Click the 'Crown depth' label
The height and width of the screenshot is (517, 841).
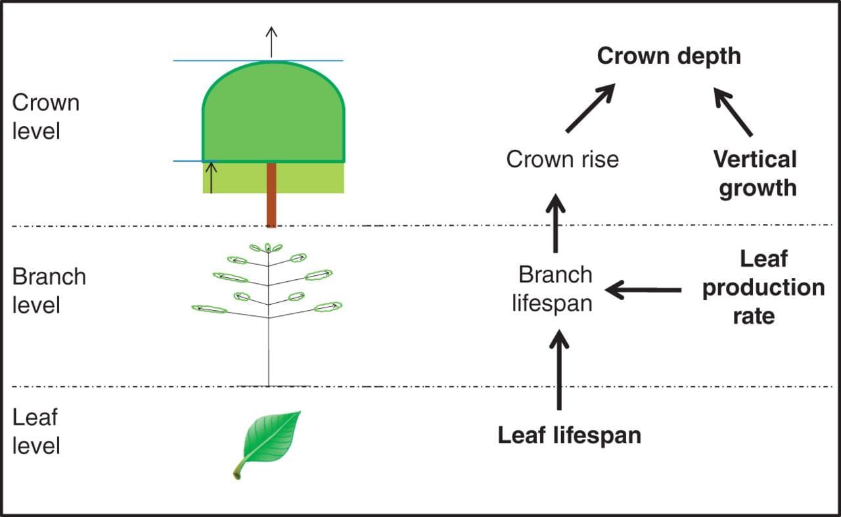click(668, 56)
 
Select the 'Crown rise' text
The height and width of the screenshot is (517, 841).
click(562, 160)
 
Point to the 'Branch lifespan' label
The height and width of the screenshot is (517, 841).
click(554, 289)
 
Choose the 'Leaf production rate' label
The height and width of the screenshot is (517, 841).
click(763, 288)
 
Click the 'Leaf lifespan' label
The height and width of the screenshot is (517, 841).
click(569, 436)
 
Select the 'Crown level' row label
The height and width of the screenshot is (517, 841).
click(46, 117)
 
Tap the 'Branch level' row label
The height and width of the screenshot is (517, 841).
click(49, 290)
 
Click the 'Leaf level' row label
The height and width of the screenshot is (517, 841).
click(36, 432)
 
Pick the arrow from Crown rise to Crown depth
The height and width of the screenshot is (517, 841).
click(589, 108)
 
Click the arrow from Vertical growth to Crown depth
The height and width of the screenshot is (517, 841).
click(733, 112)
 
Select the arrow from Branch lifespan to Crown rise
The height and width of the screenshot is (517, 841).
click(556, 223)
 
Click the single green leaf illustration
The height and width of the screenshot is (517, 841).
click(269, 442)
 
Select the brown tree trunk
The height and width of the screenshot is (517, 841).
click(271, 195)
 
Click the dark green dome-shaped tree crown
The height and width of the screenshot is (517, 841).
click(273, 115)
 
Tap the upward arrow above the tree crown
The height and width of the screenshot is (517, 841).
click(271, 42)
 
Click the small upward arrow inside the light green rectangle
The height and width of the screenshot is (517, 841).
click(211, 177)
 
